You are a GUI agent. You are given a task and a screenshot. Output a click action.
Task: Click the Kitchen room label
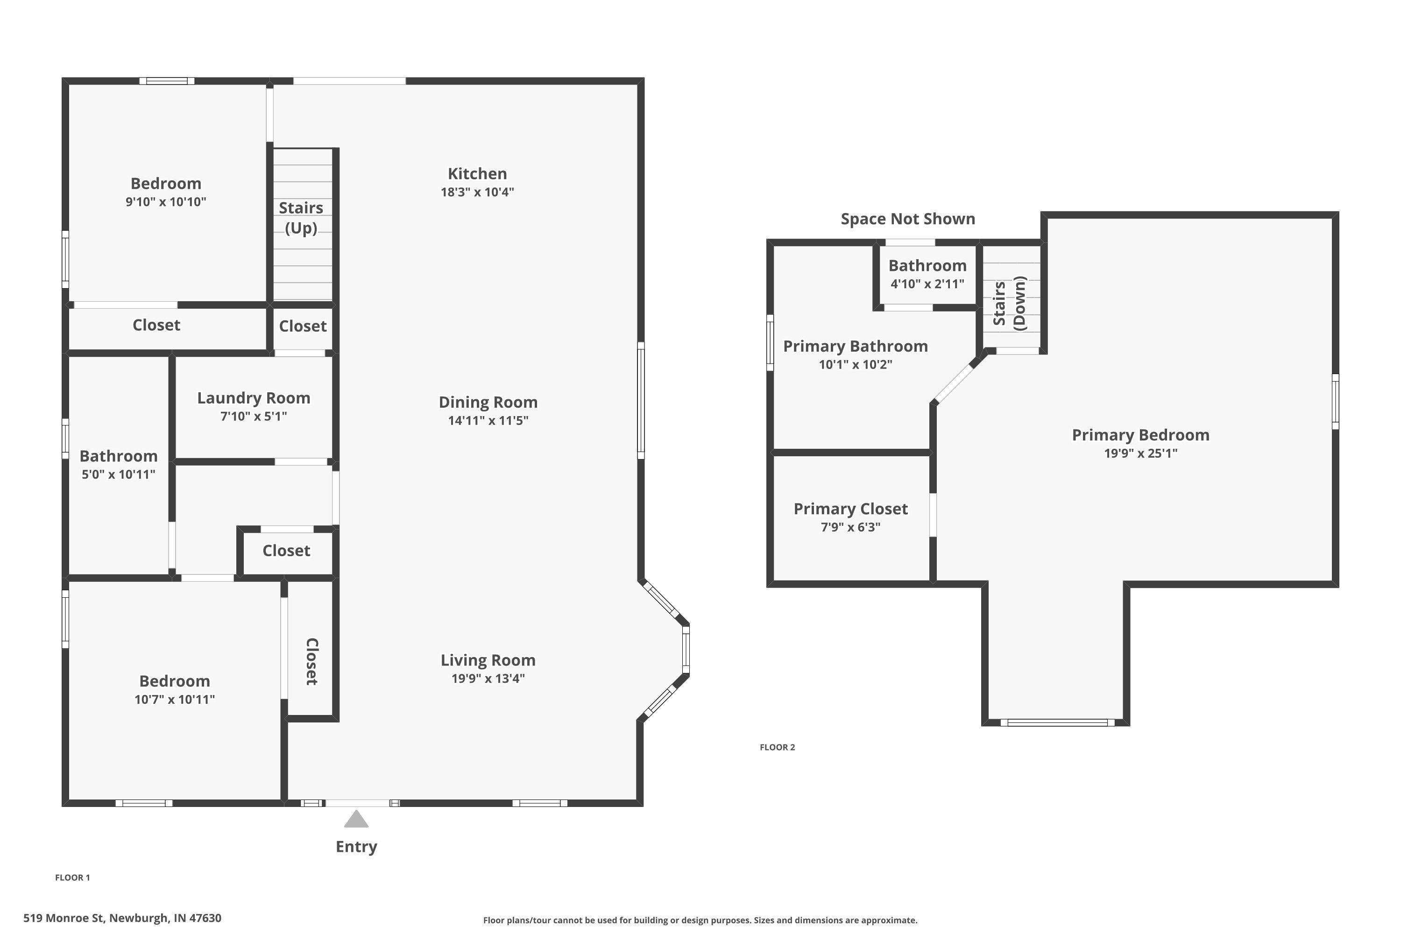[x=477, y=174]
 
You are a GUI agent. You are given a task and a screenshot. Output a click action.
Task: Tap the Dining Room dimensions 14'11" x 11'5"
[x=488, y=421]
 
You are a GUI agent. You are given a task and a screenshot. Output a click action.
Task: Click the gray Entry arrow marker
[x=356, y=820]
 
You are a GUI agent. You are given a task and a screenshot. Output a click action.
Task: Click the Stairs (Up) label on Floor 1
[x=301, y=218]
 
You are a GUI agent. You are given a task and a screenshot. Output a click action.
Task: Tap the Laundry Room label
[x=254, y=398]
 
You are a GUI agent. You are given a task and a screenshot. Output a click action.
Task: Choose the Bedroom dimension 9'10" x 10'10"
[x=166, y=202]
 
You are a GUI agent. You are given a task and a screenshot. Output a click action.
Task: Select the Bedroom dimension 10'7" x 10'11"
[x=175, y=699]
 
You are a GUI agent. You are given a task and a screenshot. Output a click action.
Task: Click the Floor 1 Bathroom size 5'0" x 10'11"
[x=119, y=475]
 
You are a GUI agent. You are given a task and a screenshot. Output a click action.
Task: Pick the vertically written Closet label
[x=311, y=661]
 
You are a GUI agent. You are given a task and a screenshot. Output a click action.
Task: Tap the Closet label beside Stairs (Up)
[x=303, y=326]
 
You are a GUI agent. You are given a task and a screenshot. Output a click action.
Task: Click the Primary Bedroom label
[x=1140, y=435]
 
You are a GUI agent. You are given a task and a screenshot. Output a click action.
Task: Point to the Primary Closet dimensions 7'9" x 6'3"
[x=850, y=527]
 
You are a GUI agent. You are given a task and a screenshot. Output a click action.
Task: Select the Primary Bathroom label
[x=855, y=346]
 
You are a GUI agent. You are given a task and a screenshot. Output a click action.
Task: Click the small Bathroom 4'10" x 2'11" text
[x=927, y=284]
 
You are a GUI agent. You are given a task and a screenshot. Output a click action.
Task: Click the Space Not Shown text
[x=907, y=219]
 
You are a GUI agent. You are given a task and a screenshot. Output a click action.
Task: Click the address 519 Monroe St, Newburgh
[x=122, y=918]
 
